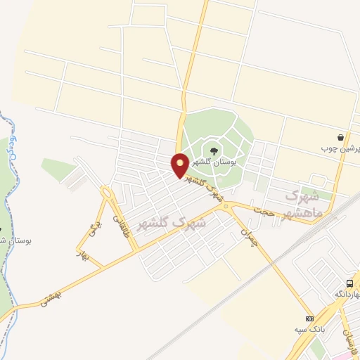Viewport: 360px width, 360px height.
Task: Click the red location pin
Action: [x=180, y=165]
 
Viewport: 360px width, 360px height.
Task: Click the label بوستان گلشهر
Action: [x=217, y=162]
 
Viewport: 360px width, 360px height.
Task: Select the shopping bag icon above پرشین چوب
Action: [x=341, y=137]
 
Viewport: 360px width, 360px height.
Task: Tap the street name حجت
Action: [x=263, y=210]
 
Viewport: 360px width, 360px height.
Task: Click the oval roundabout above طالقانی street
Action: [x=108, y=192]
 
